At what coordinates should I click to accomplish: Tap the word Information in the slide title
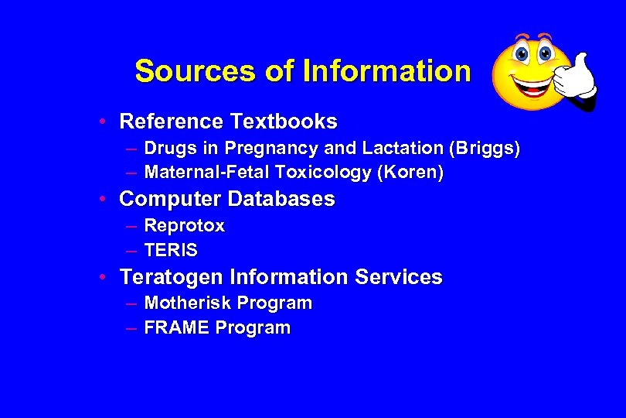pos(386,71)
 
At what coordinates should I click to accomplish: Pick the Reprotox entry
pos(184,226)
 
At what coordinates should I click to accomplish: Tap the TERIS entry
pos(171,251)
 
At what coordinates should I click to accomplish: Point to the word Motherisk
pos(188,303)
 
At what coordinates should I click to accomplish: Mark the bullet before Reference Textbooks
pos(103,122)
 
